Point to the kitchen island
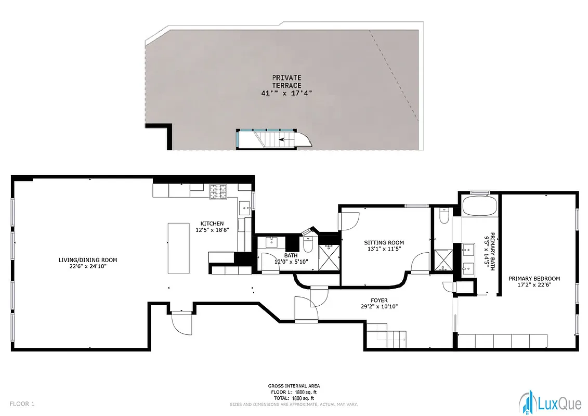coord(178,248)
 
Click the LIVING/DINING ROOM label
coord(87,260)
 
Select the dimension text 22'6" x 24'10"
coord(87,266)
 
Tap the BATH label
coord(291,255)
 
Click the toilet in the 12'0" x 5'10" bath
coord(307,243)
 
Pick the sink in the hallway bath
coord(272,242)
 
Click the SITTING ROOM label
coord(384,242)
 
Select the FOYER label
coord(379,300)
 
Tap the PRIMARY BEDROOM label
coord(534,279)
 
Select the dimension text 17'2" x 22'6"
coord(534,285)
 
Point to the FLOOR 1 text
coord(22,404)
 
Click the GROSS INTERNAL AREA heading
coord(294,386)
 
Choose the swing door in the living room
coord(181,323)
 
